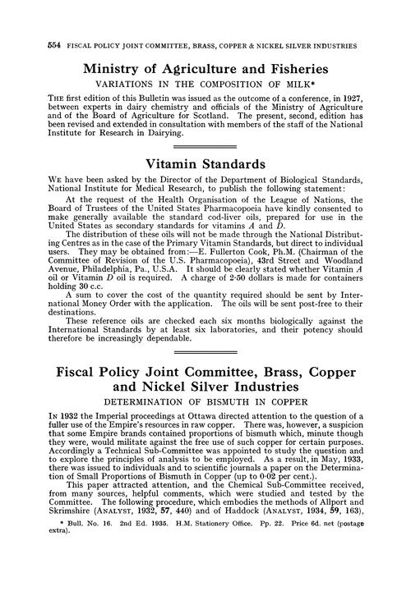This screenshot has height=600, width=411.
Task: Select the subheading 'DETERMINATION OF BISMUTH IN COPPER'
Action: coord(205,469)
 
